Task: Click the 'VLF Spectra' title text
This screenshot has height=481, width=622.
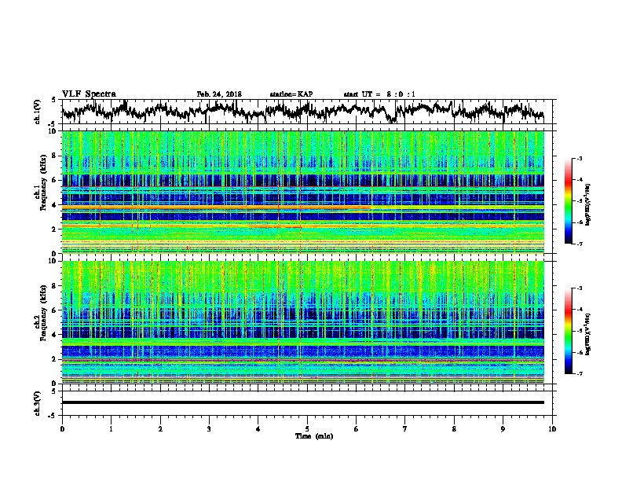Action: tap(89, 94)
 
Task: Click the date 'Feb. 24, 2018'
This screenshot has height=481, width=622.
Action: tap(219, 94)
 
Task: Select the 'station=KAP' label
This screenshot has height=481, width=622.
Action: tap(291, 94)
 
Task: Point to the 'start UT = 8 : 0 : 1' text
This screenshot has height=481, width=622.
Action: tap(379, 94)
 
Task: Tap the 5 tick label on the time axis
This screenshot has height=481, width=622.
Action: tap(308, 428)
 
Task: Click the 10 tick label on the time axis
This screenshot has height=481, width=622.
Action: tap(553, 428)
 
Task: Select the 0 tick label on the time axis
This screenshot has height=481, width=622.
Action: tap(62, 428)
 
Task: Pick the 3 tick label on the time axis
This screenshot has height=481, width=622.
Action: tap(210, 428)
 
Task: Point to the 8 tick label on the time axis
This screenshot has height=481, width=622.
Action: tap(455, 428)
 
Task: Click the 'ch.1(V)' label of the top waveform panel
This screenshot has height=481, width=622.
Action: tap(38, 112)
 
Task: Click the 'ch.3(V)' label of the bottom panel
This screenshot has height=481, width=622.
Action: tap(38, 402)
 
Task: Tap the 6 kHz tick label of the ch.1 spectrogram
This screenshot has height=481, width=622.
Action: tap(53, 180)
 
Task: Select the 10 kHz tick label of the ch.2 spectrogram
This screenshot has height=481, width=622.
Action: tap(52, 261)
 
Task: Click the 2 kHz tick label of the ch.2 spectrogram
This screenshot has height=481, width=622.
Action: tap(53, 359)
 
